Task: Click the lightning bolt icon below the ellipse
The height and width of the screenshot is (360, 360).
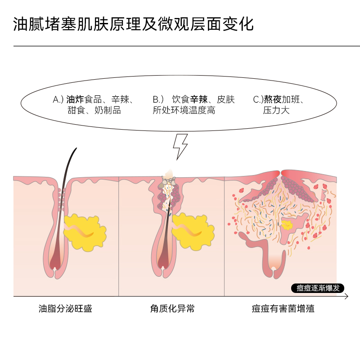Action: (x=180, y=146)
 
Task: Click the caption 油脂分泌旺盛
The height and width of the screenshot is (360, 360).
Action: (x=66, y=309)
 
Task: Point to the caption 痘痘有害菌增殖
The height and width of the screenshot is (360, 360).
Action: (x=283, y=309)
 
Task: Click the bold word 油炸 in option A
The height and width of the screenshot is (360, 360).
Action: (x=75, y=99)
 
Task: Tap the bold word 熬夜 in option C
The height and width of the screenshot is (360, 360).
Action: (x=273, y=99)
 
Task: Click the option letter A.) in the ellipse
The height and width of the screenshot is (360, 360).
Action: (x=59, y=99)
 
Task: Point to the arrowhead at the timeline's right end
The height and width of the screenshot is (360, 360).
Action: (x=346, y=297)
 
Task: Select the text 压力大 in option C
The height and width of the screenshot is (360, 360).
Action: (x=276, y=110)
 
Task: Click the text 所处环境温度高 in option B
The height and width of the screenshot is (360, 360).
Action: (x=184, y=110)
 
